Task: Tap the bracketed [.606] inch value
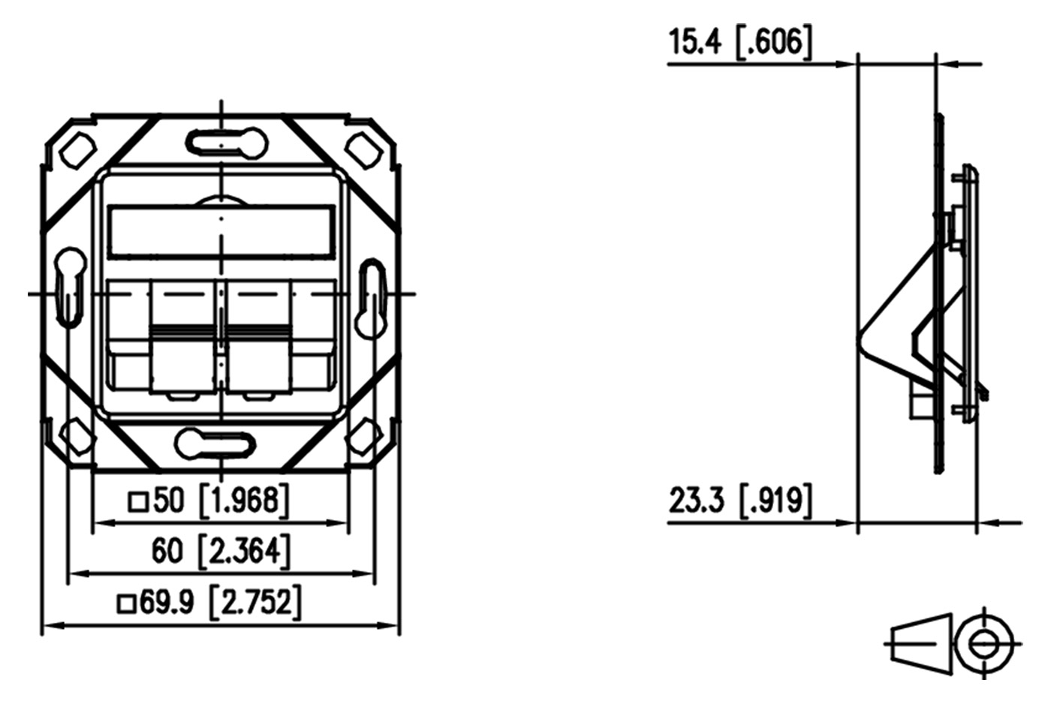coord(773,43)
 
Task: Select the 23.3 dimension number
coord(697,500)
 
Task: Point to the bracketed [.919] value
coord(775,501)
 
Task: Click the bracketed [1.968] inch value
coord(243,501)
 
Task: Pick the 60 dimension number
coord(167,551)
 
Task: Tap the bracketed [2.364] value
coord(244,552)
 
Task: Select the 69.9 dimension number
coord(167,603)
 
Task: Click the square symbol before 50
coord(138,501)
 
